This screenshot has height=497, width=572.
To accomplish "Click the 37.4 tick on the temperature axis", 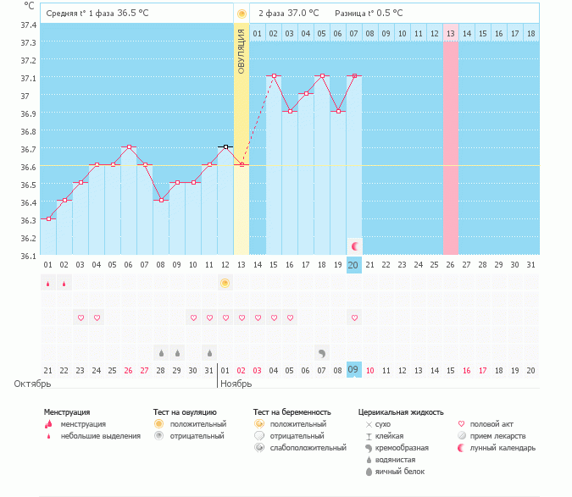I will (27, 25).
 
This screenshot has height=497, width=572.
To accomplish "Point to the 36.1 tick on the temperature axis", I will (27, 256).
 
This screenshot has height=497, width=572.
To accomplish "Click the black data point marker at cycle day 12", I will (225, 146).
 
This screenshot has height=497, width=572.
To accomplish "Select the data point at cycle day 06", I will (129, 146).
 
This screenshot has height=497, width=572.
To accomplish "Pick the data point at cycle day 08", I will (161, 200).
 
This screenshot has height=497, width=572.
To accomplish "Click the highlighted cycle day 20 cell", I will (354, 265).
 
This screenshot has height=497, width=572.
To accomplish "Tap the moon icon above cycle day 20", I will (355, 246).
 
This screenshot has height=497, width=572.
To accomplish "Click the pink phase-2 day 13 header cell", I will (451, 33).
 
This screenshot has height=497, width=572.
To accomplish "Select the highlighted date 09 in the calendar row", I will (354, 370).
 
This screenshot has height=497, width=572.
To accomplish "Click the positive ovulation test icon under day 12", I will (225, 283).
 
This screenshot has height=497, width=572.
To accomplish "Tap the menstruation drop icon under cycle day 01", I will (48, 284).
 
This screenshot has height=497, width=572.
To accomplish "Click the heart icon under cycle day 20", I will (354, 318).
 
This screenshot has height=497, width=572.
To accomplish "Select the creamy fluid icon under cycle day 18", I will (322, 352).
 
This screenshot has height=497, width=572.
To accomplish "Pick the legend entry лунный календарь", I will (500, 448).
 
